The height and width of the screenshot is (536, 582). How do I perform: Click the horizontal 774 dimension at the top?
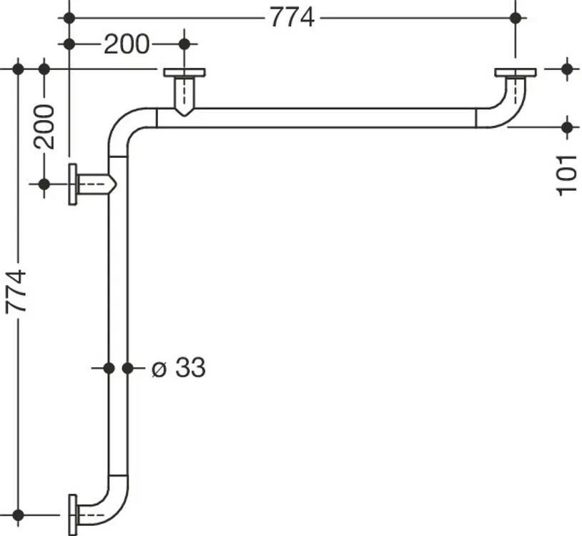[292, 17]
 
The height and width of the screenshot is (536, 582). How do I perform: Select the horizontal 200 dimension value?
[127, 44]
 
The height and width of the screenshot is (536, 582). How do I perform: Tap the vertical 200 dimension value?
[44, 126]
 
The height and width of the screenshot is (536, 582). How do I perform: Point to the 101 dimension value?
[566, 176]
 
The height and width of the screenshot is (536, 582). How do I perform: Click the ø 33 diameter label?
[179, 367]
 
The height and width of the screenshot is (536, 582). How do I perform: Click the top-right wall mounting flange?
[516, 72]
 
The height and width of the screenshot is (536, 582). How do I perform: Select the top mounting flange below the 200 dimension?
[184, 72]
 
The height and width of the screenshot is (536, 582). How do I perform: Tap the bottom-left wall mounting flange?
[73, 515]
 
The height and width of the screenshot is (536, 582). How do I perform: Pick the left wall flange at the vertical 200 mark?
[73, 184]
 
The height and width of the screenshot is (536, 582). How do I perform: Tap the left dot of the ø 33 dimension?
[109, 368]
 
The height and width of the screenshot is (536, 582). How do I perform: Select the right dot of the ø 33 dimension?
[128, 368]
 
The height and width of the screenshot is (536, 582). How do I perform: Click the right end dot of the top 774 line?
[516, 17]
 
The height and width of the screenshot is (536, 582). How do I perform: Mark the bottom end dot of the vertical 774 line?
[18, 515]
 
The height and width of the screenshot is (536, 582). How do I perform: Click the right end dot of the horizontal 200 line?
[184, 44]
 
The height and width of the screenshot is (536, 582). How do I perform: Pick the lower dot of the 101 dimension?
[567, 127]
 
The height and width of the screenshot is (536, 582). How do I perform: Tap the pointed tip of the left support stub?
[116, 184]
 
